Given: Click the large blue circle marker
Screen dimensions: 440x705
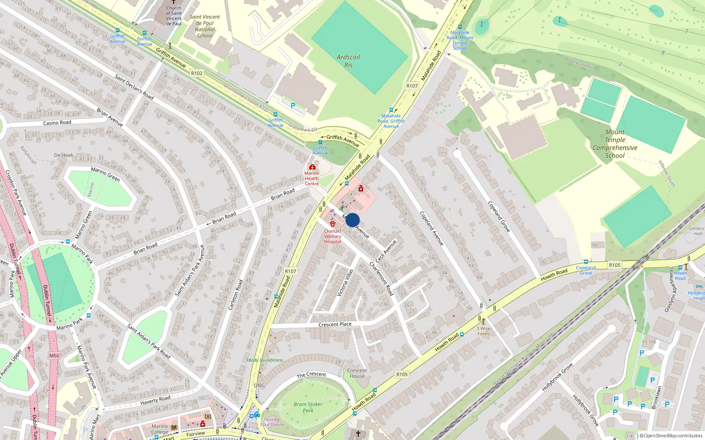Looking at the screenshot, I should pyautogui.click(x=352, y=220).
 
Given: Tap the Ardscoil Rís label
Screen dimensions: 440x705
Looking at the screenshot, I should pyautogui.click(x=348, y=61).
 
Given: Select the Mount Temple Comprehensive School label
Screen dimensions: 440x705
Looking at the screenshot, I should pyautogui.click(x=615, y=144).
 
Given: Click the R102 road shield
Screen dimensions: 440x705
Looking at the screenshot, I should pyautogui.click(x=197, y=73).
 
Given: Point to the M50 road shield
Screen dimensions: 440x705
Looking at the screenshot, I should pyautogui.click(x=54, y=356).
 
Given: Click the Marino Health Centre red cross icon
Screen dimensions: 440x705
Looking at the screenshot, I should pyautogui.click(x=312, y=167).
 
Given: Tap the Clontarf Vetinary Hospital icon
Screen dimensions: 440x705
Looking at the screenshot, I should pyautogui.click(x=333, y=224).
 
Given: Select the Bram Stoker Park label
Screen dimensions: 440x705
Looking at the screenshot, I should pyautogui.click(x=308, y=407).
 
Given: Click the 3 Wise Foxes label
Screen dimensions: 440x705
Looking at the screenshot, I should pyautogui.click(x=483, y=331).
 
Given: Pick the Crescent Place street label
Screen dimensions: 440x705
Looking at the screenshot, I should pyautogui.click(x=335, y=325).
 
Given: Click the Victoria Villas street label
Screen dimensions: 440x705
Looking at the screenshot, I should pyautogui.click(x=345, y=282).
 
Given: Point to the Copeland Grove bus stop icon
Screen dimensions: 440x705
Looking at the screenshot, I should pyautogui.click(x=586, y=262).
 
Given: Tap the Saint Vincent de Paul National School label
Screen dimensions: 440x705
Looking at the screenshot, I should pyautogui.click(x=205, y=26).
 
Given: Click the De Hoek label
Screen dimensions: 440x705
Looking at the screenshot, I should pyautogui.click(x=64, y=155).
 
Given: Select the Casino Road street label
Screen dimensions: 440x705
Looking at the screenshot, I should pyautogui.click(x=57, y=123).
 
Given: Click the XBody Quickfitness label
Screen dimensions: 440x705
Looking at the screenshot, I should pyautogui.click(x=264, y=360).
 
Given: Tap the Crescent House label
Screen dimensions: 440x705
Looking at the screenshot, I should pyautogui.click(x=357, y=373).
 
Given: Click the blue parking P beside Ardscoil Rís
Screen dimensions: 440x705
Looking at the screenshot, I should pyautogui.click(x=293, y=106).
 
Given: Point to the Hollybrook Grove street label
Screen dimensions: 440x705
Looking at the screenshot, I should pyautogui.click(x=557, y=377).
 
